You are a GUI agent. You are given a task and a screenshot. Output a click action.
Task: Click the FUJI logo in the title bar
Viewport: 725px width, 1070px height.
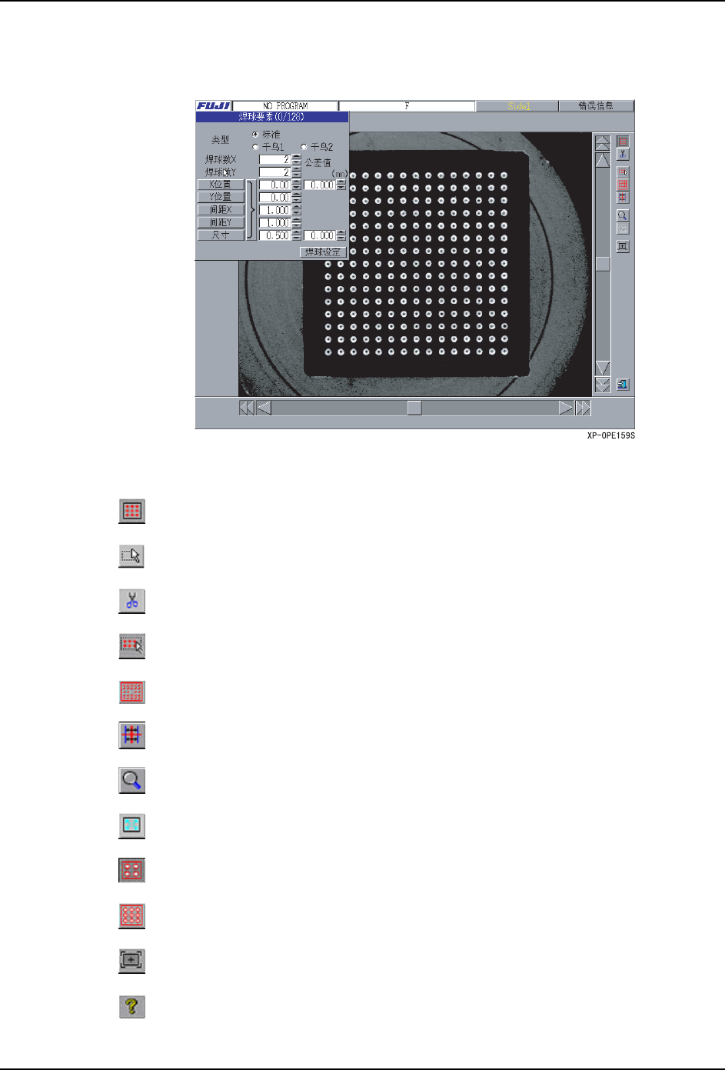(x=213, y=106)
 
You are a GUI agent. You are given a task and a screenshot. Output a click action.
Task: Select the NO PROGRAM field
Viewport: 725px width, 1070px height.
(x=285, y=106)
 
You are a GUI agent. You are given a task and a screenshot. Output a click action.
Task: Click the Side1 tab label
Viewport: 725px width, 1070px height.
(x=518, y=106)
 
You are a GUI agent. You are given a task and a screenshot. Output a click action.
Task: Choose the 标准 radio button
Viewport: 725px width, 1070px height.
(x=256, y=135)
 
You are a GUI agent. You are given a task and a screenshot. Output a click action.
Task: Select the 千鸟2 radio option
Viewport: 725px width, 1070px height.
(x=304, y=147)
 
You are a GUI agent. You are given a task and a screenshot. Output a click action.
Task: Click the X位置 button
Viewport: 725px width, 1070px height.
(x=221, y=185)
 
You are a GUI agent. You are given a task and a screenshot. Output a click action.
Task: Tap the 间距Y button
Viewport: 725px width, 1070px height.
(x=221, y=223)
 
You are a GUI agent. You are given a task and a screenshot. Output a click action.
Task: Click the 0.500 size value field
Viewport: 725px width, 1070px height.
(x=274, y=235)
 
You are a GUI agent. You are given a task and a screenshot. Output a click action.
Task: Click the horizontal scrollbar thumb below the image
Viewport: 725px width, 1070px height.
(x=414, y=408)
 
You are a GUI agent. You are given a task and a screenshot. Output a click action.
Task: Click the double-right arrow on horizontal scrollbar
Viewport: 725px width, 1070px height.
(x=584, y=408)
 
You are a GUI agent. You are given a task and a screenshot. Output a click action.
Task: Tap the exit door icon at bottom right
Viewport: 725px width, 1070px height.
(x=623, y=384)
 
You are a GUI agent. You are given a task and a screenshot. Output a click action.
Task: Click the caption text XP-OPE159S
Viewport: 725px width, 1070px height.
(x=611, y=436)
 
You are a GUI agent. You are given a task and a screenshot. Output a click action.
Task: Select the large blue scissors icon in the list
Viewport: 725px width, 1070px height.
(x=132, y=601)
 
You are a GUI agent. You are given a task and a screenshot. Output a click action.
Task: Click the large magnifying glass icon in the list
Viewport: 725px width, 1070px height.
(x=132, y=781)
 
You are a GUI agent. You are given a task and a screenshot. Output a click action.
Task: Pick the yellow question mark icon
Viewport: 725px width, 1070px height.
(x=132, y=1006)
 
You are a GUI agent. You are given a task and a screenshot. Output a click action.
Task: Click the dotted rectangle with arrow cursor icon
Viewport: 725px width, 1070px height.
(x=132, y=556)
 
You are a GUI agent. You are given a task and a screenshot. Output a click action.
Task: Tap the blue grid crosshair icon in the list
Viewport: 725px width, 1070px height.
(x=132, y=736)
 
